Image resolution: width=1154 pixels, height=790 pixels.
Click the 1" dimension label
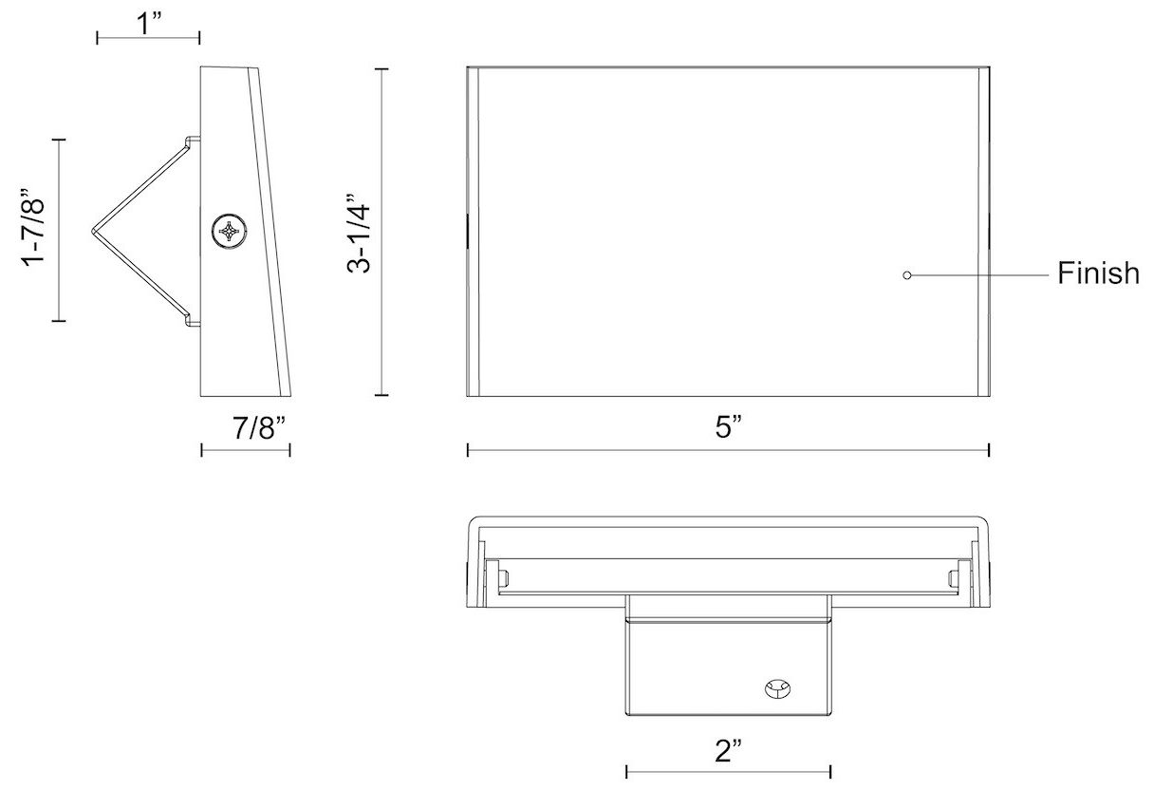[148, 23]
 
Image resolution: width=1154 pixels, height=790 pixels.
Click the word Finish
[1098, 274]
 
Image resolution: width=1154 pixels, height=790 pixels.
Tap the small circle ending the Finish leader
[907, 275]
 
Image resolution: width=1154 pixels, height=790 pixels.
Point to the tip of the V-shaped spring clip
[93, 230]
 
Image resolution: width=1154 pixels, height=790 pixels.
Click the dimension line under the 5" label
[728, 450]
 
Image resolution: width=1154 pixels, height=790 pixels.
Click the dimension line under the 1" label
[148, 38]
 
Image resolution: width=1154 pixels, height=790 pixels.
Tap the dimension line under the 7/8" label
[245, 450]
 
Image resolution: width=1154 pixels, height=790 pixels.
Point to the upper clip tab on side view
[193, 141]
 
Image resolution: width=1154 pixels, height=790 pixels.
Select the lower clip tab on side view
[193, 321]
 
